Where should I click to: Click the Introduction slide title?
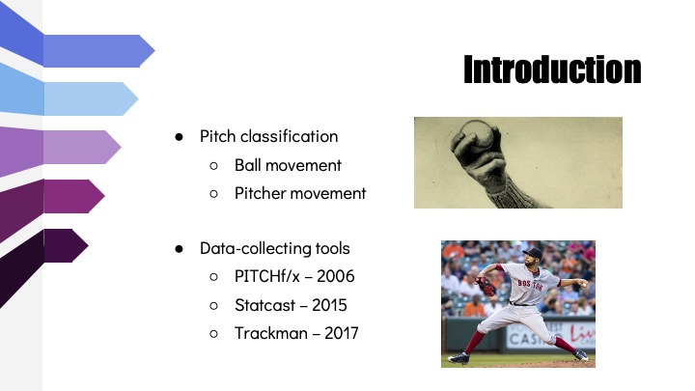point(552,70)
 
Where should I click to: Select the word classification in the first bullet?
point(289,136)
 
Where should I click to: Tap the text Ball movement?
point(288,165)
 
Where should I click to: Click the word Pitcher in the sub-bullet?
point(261,193)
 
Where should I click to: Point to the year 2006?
point(336,276)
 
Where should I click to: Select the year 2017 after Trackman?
point(342,333)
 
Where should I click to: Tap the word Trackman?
point(271,333)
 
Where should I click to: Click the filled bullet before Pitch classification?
point(180,136)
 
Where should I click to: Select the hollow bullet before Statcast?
point(213,305)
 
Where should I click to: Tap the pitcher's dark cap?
point(533,254)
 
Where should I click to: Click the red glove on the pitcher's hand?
point(486,287)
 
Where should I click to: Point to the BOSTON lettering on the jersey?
point(530,284)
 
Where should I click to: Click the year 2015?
point(329,305)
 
